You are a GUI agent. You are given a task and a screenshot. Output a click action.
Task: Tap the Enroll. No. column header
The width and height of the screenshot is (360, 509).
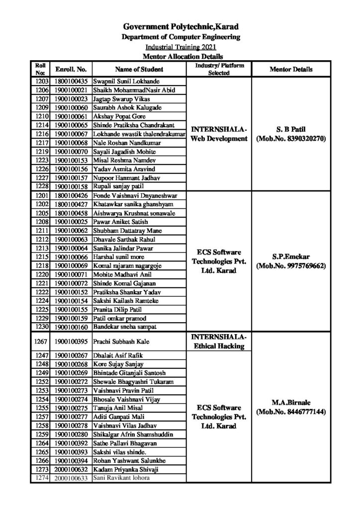pyautogui.click(x=71, y=70)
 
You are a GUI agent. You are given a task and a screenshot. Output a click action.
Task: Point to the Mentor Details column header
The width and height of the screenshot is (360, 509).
pyautogui.click(x=291, y=70)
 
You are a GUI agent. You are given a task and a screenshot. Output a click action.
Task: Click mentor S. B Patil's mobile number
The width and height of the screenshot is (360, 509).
pyautogui.click(x=291, y=140)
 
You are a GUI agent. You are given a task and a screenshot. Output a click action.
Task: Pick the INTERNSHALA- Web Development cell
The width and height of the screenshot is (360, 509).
pyautogui.click(x=219, y=134)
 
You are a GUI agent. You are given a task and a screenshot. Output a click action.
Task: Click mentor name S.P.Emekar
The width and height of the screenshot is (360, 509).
pyautogui.click(x=291, y=256)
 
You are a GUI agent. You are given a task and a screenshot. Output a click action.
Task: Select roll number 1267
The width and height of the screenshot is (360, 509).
pyautogui.click(x=42, y=342)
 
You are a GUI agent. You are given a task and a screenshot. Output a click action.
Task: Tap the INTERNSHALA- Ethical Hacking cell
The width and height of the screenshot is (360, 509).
pyautogui.click(x=219, y=341)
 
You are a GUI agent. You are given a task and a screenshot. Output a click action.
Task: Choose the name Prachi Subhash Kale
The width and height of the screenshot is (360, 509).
pyautogui.click(x=121, y=342)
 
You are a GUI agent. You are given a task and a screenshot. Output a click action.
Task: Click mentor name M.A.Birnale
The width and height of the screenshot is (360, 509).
pyautogui.click(x=291, y=402)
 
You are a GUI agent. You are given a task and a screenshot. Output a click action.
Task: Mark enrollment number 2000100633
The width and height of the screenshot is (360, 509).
pyautogui.click(x=71, y=479)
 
